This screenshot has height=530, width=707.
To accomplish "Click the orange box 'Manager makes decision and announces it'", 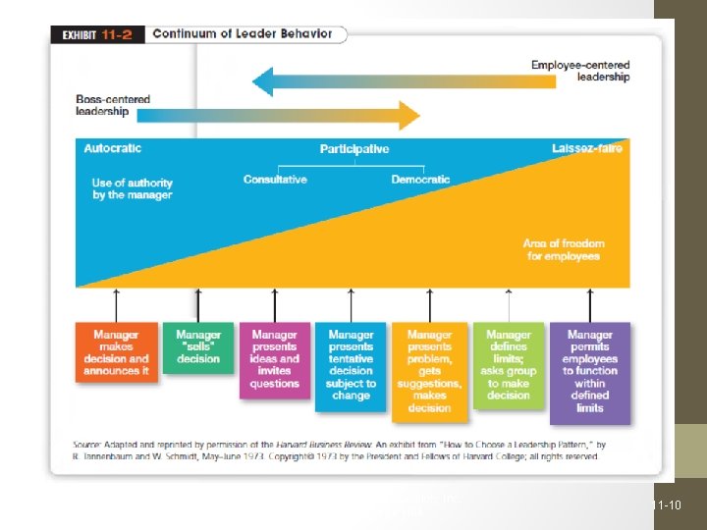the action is tap(117, 353).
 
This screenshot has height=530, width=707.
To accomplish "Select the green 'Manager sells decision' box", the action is tap(198, 347).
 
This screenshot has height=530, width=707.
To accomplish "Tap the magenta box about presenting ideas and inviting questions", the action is tap(275, 359).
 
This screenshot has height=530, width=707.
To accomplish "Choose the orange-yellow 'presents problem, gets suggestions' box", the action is tap(429, 371).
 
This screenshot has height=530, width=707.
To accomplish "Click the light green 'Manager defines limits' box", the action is tap(508, 365).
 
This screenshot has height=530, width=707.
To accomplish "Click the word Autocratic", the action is tap(112, 148).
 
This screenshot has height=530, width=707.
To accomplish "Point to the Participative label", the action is tap(354, 149).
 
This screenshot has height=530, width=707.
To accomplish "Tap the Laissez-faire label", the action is tap(587, 149).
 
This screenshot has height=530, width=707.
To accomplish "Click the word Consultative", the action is tap(275, 180).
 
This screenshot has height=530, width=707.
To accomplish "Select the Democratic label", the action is tap(420, 180).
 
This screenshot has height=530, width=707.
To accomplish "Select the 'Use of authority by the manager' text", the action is tap(132, 188).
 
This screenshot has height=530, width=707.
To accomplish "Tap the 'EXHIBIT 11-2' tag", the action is tap(96, 34).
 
